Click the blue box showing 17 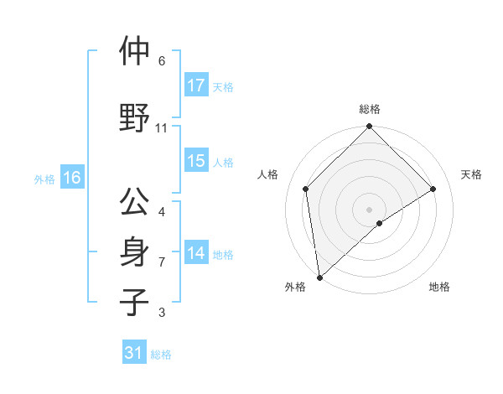(196, 86)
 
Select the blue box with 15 (196, 161)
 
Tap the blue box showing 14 (196, 253)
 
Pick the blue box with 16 (71, 178)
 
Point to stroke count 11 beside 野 (162, 128)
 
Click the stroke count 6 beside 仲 (162, 61)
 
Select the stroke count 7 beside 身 (162, 262)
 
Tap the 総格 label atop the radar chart (370, 110)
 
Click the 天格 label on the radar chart (471, 174)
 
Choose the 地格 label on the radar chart (439, 288)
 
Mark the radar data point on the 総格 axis (370, 127)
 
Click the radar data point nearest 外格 (319, 277)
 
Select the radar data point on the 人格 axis (306, 189)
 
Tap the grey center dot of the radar (370, 209)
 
